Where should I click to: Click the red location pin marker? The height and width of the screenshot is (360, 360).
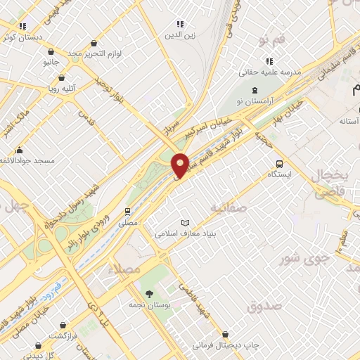(180, 165)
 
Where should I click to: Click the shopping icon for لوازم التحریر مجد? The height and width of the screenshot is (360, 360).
(51, 51)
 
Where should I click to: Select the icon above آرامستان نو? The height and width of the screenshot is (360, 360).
(254, 91)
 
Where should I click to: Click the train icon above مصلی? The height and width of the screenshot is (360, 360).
(127, 211)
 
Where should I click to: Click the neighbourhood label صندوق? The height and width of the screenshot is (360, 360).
(264, 306)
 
